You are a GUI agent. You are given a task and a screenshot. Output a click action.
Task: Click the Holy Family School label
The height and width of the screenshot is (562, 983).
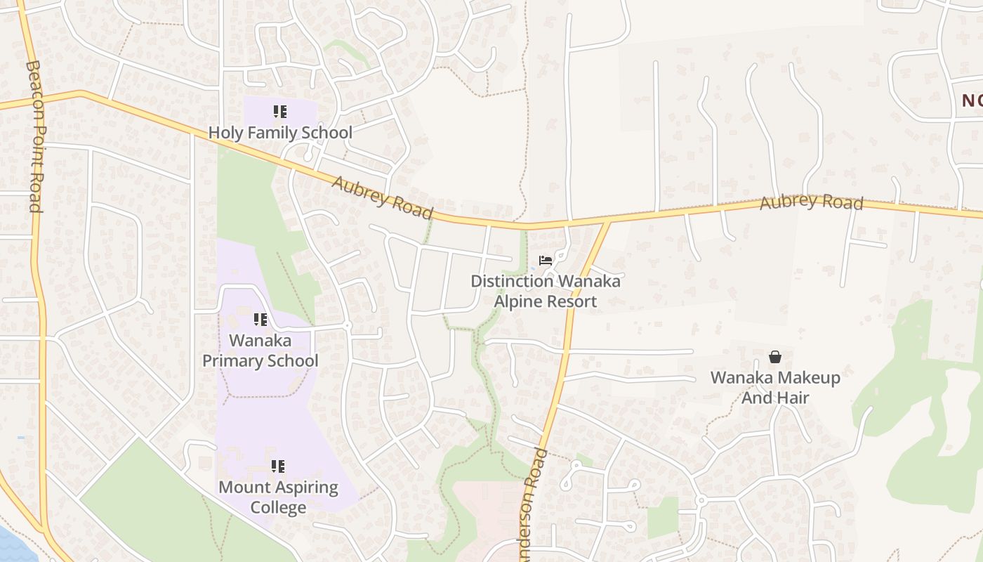click(x=280, y=132)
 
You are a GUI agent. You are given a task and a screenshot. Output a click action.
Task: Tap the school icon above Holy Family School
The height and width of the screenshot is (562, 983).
click(x=280, y=112)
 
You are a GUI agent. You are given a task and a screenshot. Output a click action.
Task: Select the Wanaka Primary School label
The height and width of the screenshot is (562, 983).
click(x=260, y=351)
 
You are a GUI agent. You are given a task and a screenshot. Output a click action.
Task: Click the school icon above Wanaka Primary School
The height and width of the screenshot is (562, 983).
click(x=260, y=320)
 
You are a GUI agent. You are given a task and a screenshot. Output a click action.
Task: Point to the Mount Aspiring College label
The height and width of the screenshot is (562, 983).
click(x=278, y=497)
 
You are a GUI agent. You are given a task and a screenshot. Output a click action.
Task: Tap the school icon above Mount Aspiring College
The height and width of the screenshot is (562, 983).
click(x=278, y=466)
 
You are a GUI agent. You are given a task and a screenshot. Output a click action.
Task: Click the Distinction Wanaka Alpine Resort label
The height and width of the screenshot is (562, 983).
click(x=546, y=291)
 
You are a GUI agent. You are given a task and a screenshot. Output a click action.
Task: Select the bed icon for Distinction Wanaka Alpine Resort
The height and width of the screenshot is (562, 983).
click(x=546, y=261)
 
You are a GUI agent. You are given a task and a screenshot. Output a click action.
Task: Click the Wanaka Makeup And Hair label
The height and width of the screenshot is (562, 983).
click(x=775, y=387)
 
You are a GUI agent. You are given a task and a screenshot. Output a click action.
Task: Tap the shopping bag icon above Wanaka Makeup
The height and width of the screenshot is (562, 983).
click(x=775, y=357)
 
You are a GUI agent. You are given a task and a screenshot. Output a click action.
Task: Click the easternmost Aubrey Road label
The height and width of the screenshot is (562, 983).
click(x=811, y=202)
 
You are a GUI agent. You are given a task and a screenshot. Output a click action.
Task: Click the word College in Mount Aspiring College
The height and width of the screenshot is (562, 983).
click(x=278, y=507)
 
